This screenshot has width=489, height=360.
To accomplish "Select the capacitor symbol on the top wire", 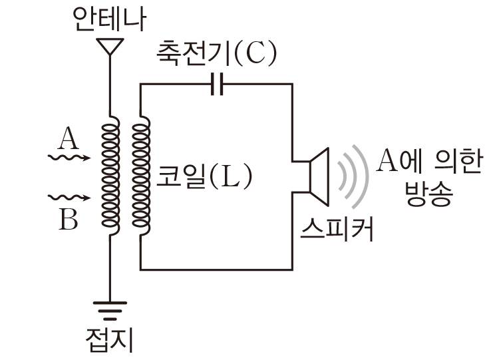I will pos(215,85).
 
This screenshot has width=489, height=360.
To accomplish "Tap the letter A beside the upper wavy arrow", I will pos(67,140).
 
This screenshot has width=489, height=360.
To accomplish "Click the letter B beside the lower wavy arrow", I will pos(68,219).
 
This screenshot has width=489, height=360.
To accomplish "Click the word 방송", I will pos(428,194).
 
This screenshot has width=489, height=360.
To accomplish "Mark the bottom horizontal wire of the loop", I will pos(216,268).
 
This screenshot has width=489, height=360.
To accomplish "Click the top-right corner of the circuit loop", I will pos(292,85).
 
